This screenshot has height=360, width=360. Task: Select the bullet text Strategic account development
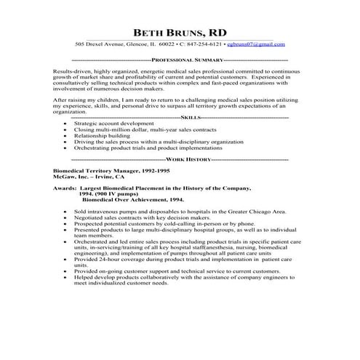tap(110, 124)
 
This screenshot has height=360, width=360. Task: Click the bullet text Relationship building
tap(102, 135)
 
